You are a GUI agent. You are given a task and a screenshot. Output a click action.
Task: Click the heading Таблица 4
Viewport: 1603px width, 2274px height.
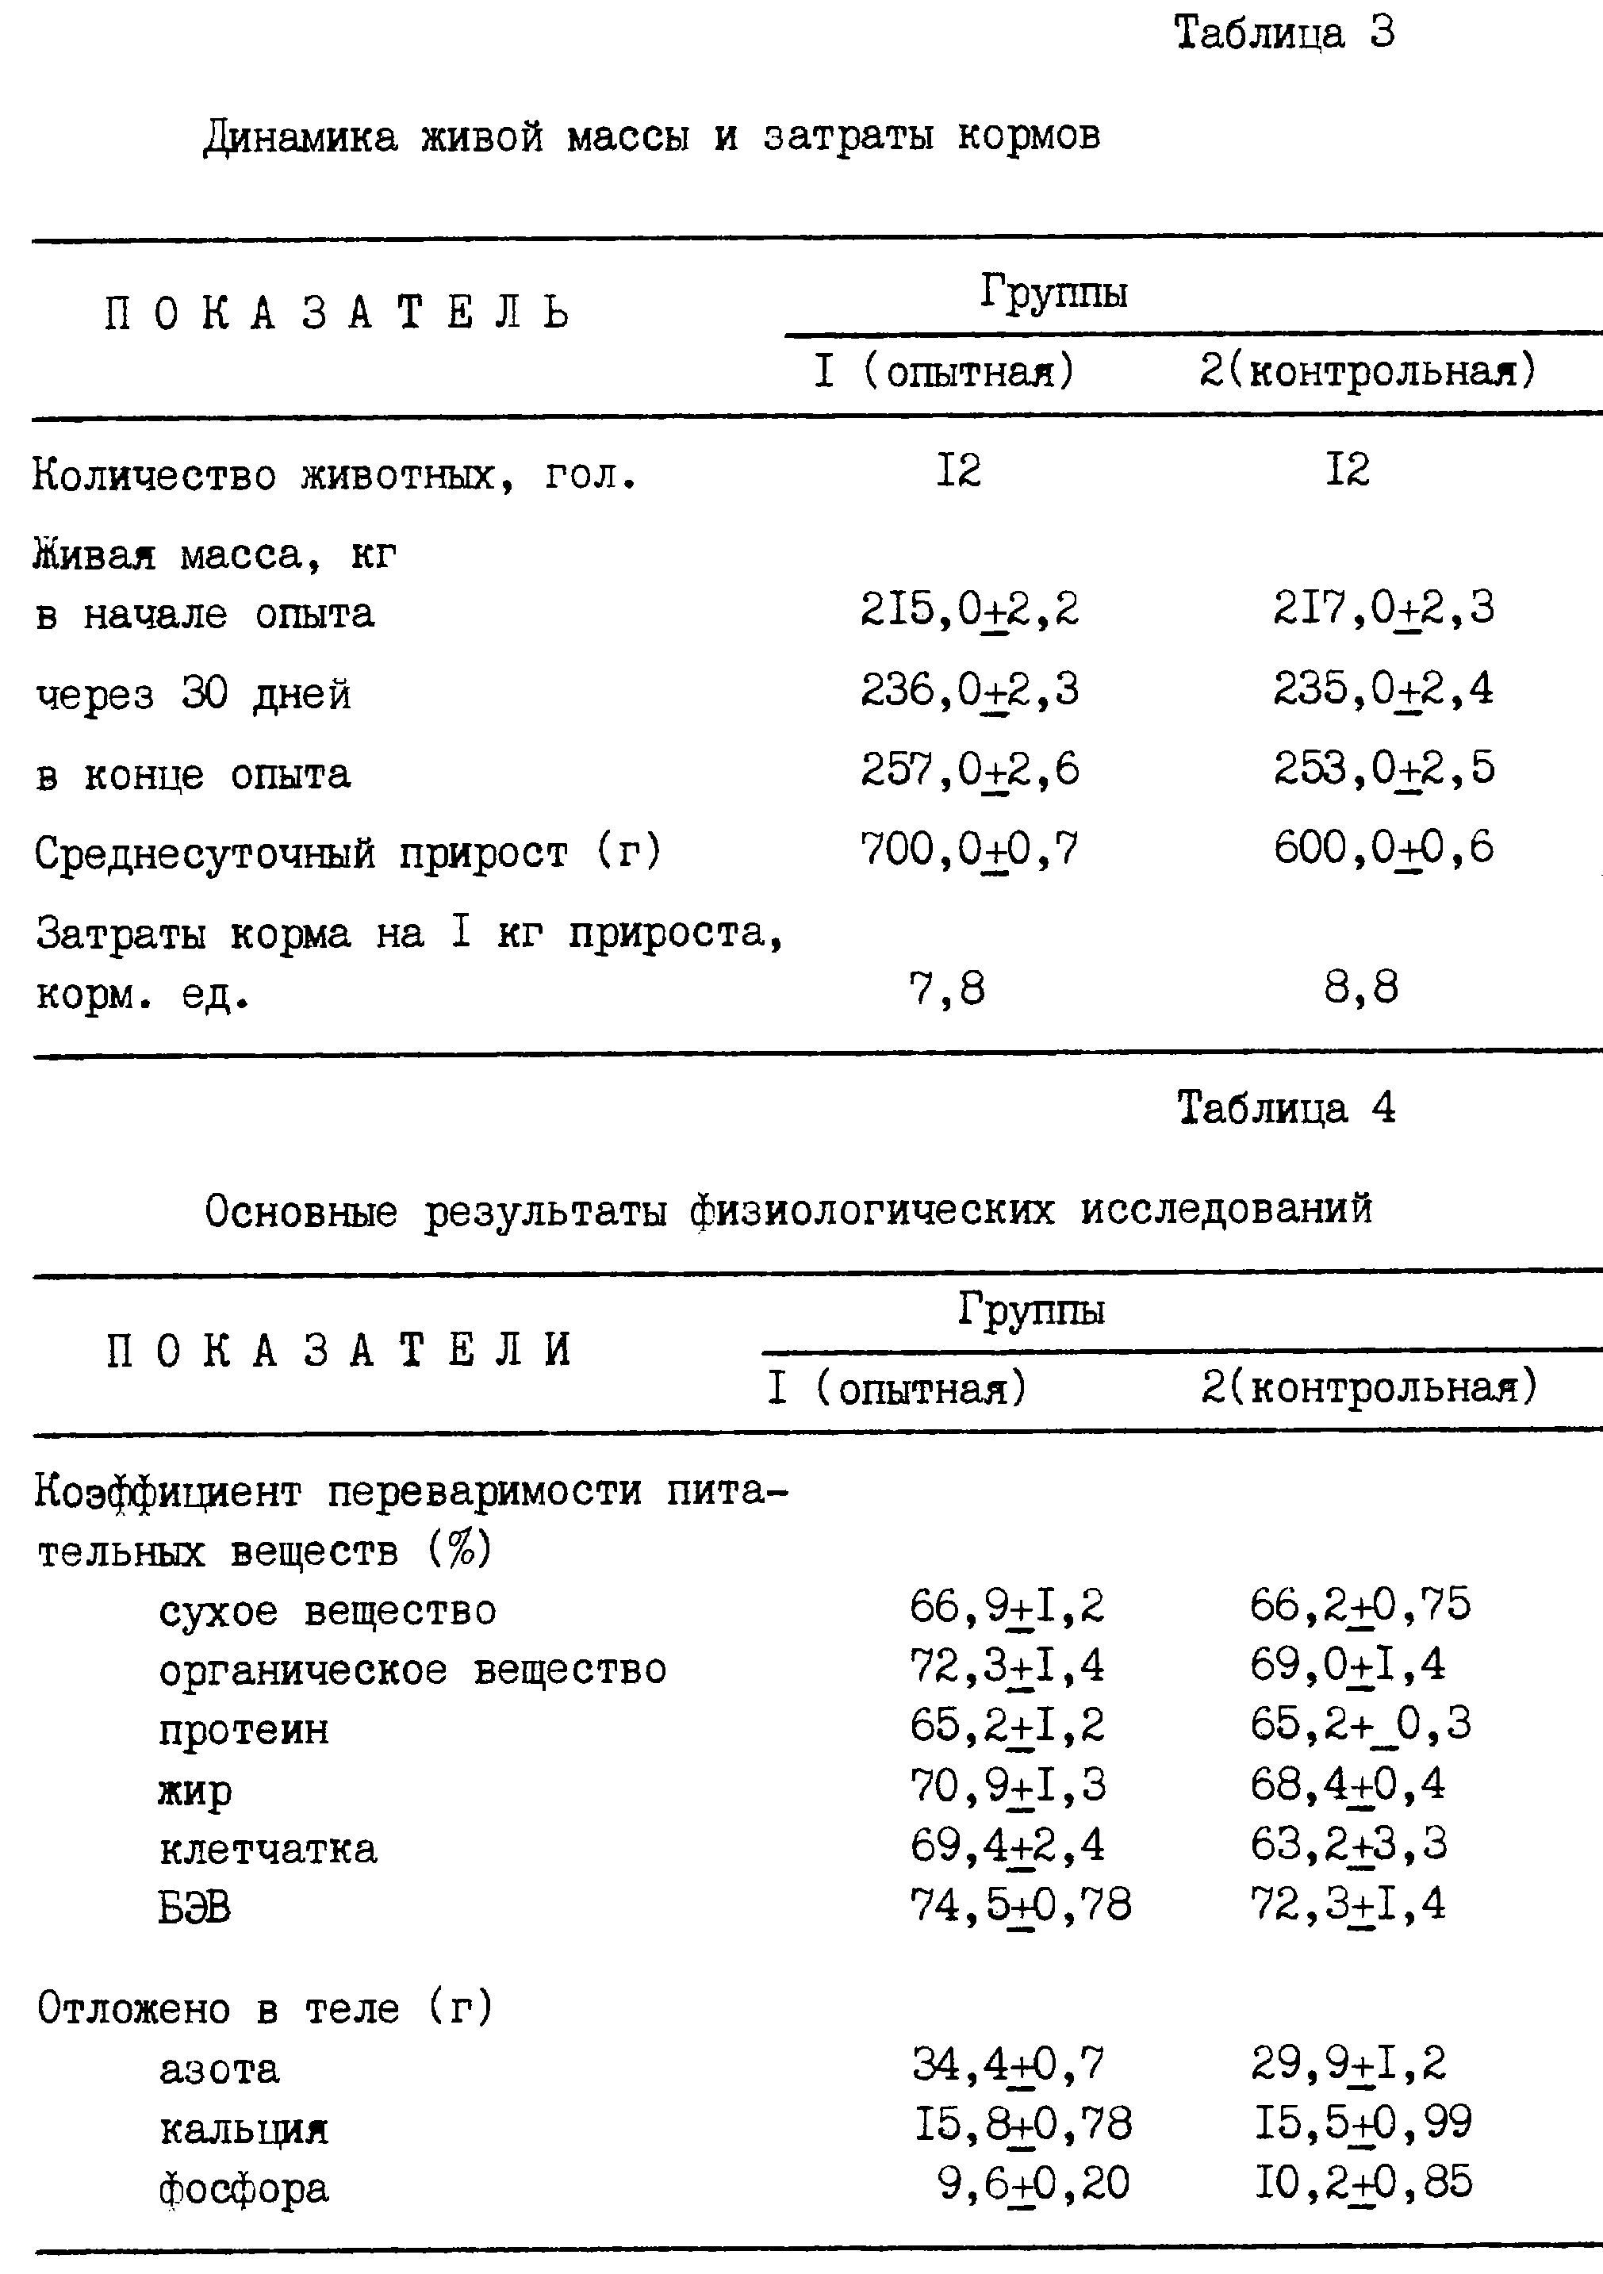[1286, 1108]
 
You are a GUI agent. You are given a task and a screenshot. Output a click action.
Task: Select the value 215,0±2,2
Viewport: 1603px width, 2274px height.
[969, 610]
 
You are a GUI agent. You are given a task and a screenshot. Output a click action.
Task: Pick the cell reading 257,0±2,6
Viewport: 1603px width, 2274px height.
[969, 770]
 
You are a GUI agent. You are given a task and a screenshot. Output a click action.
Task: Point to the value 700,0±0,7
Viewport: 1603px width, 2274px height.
[969, 849]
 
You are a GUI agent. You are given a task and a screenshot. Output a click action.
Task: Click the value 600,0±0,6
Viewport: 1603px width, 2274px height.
[1383, 849]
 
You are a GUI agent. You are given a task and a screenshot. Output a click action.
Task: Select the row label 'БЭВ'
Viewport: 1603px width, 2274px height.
[194, 1908]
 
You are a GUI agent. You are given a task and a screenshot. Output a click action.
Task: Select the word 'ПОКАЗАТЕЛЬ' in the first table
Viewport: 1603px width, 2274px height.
[338, 315]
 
